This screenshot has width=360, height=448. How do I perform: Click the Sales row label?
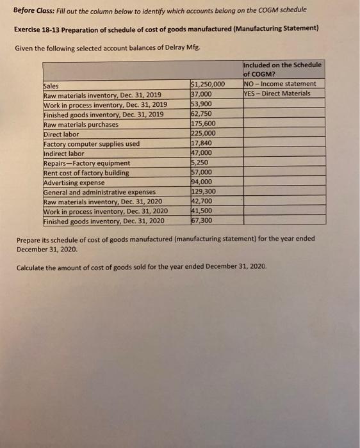(x=51, y=86)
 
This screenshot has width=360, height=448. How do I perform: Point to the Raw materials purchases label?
(x=81, y=124)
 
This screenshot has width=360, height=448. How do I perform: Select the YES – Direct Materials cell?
(x=277, y=94)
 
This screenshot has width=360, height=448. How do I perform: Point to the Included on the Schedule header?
(x=283, y=65)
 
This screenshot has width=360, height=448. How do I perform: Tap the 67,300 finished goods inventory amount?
(x=202, y=221)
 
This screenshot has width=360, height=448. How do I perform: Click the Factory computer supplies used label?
(x=91, y=144)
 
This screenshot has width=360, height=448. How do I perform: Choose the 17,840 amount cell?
(x=202, y=144)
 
